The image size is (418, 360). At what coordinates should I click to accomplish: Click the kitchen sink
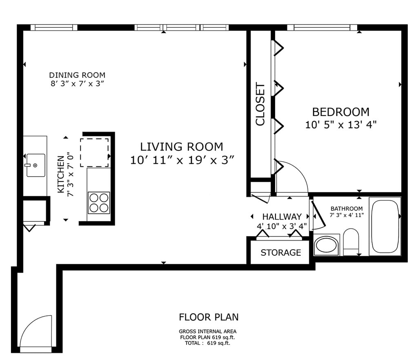(36, 165)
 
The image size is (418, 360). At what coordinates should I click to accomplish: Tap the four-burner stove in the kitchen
(99, 203)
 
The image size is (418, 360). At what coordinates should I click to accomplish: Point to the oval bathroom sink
(327, 246)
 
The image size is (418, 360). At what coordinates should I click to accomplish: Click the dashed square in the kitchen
(94, 152)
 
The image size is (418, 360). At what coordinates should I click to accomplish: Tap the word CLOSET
(260, 104)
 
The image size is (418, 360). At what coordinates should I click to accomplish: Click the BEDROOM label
(341, 112)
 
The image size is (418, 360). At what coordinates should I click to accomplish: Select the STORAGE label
(281, 253)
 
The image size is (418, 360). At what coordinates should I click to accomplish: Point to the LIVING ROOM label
(182, 147)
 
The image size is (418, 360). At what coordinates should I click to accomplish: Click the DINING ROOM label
(77, 75)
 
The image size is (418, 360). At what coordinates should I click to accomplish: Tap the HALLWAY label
(282, 217)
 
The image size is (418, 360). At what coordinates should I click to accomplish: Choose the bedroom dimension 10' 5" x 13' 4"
(341, 125)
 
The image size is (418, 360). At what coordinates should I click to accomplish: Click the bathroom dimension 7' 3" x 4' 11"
(347, 215)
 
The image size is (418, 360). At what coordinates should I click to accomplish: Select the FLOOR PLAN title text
(209, 317)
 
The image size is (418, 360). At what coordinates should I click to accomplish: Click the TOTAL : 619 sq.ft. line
(207, 343)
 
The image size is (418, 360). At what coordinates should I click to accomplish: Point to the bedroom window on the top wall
(322, 27)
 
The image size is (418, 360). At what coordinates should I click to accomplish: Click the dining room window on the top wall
(53, 27)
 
